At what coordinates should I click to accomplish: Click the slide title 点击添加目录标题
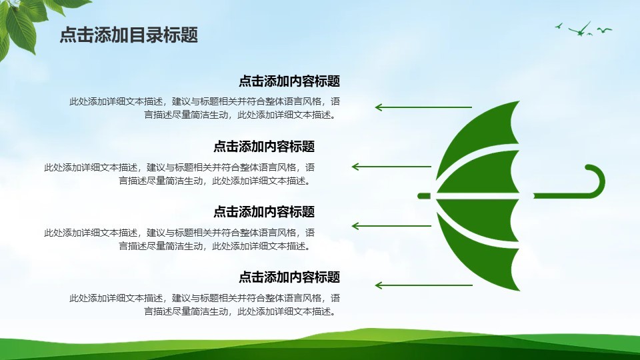click(x=129, y=35)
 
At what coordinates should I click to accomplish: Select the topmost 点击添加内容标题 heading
click(x=289, y=81)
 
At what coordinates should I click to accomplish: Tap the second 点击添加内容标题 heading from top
click(x=264, y=146)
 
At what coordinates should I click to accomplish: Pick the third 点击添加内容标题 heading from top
click(x=264, y=211)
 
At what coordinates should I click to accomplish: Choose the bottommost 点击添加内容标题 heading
click(x=289, y=277)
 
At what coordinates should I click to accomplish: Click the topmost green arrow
click(x=424, y=107)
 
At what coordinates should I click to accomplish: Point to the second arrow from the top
click(x=391, y=167)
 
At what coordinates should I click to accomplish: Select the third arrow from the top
click(x=391, y=226)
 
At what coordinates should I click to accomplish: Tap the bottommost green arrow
click(x=424, y=285)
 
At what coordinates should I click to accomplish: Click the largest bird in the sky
click(x=579, y=30)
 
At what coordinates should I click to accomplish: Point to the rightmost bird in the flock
click(x=605, y=30)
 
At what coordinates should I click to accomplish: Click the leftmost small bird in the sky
click(x=559, y=26)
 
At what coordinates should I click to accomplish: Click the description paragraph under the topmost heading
click(x=205, y=108)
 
